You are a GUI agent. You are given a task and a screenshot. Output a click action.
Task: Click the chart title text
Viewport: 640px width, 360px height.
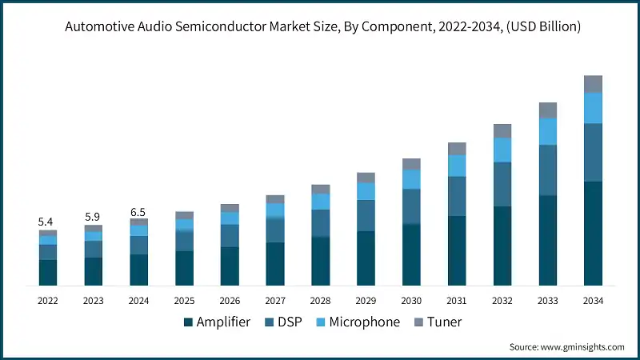pyautogui.click(x=320, y=27)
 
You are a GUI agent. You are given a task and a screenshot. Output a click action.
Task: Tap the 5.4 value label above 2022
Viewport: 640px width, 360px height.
pyautogui.click(x=47, y=221)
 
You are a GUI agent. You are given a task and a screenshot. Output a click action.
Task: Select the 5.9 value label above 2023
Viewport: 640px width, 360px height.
pyautogui.click(x=93, y=216)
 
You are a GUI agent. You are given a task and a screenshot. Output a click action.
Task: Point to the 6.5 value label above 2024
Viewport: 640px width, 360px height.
pyautogui.click(x=138, y=211)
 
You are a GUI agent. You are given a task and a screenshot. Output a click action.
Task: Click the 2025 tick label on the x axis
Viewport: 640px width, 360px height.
pyautogui.click(x=184, y=300)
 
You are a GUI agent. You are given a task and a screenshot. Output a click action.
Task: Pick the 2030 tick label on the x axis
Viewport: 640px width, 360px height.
pyautogui.click(x=411, y=300)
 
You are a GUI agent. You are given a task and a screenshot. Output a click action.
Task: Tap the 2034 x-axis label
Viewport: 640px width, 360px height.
pyautogui.click(x=593, y=300)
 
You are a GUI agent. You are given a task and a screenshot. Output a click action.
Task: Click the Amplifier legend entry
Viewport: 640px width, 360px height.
pyautogui.click(x=217, y=322)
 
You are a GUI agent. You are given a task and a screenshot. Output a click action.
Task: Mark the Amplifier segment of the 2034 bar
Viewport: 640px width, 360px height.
pyautogui.click(x=593, y=234)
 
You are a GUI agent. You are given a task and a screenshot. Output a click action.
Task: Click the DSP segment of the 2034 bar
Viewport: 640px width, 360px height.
pyautogui.click(x=593, y=152)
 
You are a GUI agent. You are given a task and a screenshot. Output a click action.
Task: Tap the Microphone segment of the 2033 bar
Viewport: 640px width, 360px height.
pyautogui.click(x=547, y=131)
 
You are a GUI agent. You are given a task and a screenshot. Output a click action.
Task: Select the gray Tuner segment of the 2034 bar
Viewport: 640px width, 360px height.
pyautogui.click(x=593, y=84)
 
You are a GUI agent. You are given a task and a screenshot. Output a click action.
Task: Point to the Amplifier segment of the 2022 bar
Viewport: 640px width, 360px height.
pyautogui.click(x=47, y=273)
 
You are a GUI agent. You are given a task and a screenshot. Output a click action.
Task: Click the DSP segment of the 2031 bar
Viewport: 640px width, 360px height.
pyautogui.click(x=457, y=196)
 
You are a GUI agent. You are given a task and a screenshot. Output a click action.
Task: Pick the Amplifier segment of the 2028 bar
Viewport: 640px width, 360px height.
pyautogui.click(x=320, y=262)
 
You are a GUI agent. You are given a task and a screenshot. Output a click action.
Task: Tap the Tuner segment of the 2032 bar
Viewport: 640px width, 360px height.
pyautogui.click(x=502, y=130)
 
